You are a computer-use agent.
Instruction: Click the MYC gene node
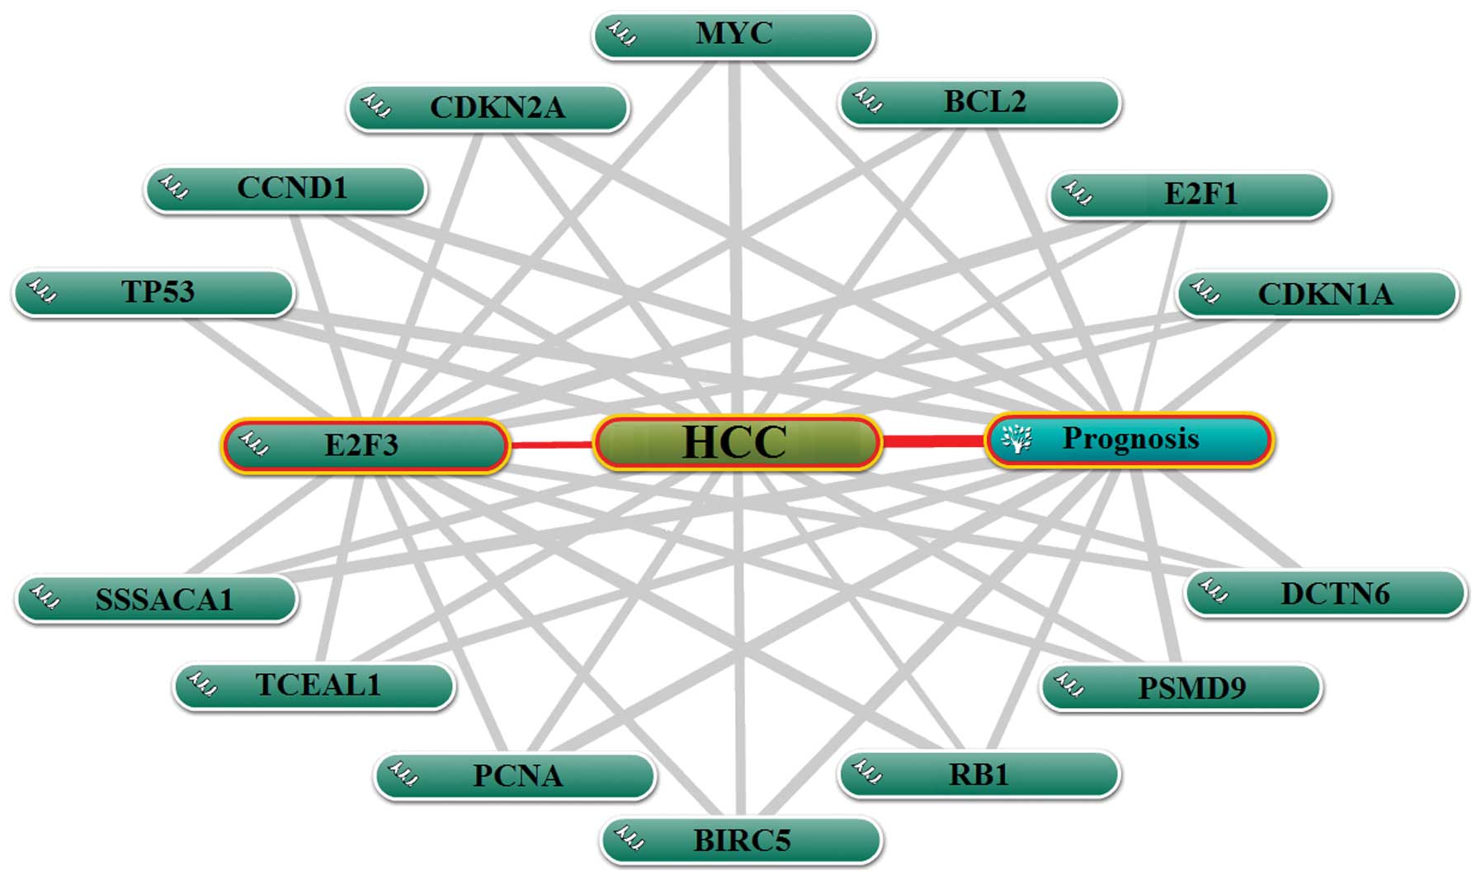pos(733,35)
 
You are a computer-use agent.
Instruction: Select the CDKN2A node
pos(488,108)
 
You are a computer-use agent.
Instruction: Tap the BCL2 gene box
pos(979,102)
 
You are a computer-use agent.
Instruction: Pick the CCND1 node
pos(285,189)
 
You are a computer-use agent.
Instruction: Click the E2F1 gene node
pos(1190,195)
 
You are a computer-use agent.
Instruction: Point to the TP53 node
pos(154,293)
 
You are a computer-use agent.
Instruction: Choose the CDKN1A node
pos(1318,294)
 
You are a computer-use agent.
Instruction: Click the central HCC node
pos(737,443)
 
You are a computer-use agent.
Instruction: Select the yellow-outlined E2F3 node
pos(364,445)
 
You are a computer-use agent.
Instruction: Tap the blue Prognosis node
pos(1130,440)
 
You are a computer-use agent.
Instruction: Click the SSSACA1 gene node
pos(157,599)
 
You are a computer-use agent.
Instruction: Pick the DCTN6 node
pos(1325,594)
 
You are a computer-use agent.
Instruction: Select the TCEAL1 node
pos(314,685)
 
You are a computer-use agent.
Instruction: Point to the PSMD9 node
pos(1181,687)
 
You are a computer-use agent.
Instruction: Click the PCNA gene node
pos(515,775)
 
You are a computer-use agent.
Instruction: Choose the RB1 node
pos(979,774)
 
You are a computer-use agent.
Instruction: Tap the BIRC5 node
pos(741,840)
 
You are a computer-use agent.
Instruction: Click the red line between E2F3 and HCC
pos(550,445)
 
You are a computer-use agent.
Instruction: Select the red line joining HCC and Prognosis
pos(933,442)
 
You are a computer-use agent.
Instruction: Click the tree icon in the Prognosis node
pos(1016,438)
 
